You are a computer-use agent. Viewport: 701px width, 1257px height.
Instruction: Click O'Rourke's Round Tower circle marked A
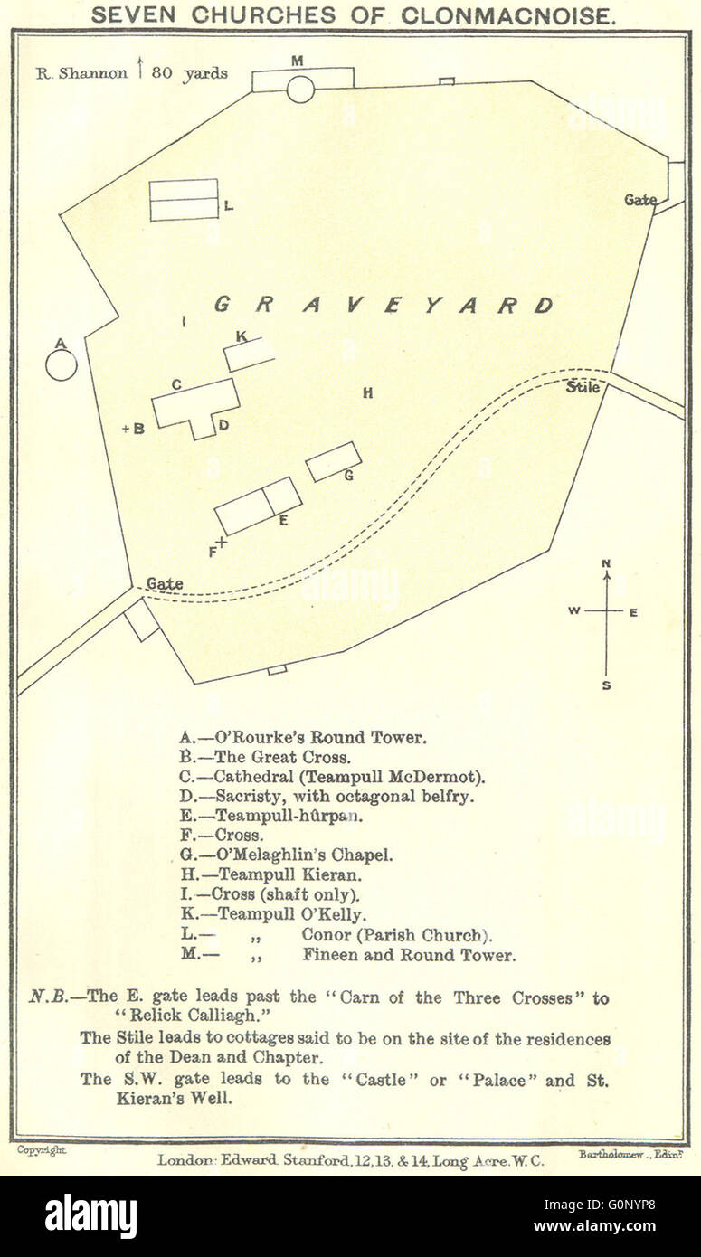click(62, 364)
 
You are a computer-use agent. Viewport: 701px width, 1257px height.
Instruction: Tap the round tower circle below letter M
click(300, 90)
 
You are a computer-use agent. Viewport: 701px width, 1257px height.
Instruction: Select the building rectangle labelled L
click(184, 200)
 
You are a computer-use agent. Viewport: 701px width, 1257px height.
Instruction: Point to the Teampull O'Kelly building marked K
click(249, 354)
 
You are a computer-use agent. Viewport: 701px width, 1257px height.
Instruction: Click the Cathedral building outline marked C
click(194, 404)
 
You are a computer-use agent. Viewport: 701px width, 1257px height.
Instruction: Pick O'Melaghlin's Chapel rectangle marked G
click(333, 461)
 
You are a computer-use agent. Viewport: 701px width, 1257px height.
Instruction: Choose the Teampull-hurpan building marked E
click(258, 506)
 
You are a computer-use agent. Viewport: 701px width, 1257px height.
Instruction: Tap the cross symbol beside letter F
click(222, 543)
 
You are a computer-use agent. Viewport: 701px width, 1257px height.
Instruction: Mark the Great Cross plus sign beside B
click(126, 429)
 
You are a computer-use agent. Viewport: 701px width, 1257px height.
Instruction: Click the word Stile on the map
click(583, 387)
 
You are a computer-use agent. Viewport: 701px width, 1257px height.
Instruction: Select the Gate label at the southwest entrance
click(164, 584)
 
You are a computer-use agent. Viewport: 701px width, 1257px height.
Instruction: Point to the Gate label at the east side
click(640, 200)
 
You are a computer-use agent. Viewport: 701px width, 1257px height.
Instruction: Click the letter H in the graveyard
click(367, 392)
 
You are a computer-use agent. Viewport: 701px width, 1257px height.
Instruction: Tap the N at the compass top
click(606, 564)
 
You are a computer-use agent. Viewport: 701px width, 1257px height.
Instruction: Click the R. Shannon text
click(81, 74)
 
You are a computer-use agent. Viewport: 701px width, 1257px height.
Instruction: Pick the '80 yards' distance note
click(189, 74)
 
